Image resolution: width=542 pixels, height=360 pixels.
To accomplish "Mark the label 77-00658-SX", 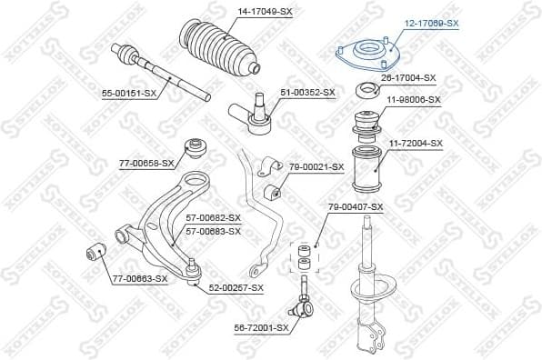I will click(x=146, y=163).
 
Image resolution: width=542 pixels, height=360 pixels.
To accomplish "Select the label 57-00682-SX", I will click(x=213, y=218).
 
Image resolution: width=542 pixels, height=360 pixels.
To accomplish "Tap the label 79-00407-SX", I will click(x=356, y=207).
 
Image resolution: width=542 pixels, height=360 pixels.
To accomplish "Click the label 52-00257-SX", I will click(x=235, y=287).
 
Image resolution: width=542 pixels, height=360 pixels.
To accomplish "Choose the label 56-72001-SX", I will click(x=261, y=327).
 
